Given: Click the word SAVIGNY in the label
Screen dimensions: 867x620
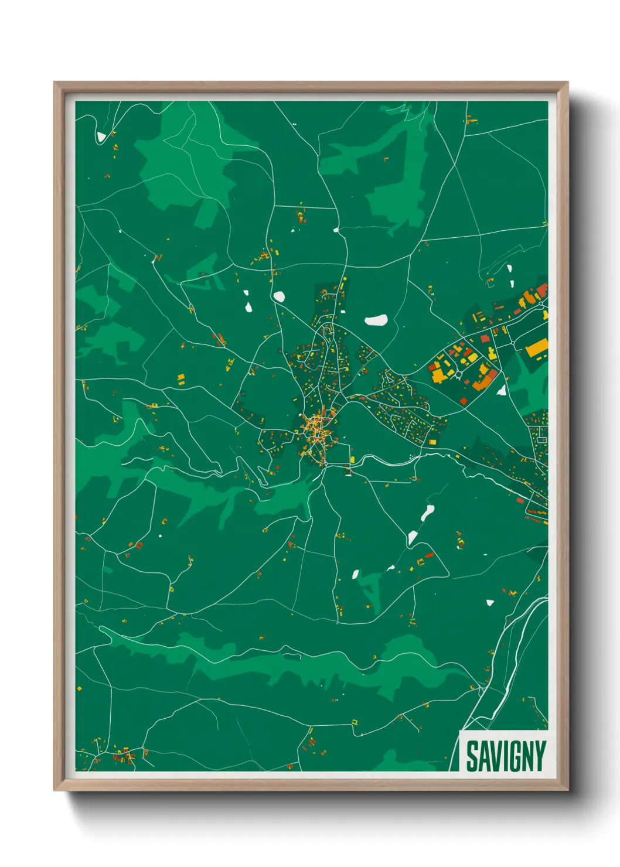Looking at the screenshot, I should click(x=506, y=756).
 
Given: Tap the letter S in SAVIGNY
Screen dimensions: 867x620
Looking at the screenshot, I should click(x=472, y=756).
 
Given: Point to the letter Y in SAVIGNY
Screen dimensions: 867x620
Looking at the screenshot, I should click(x=540, y=756).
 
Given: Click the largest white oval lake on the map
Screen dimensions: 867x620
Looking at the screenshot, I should click(x=376, y=320).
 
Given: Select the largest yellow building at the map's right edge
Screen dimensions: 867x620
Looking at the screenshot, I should click(x=536, y=349).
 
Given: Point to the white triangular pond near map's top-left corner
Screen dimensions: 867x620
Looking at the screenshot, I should click(x=101, y=136).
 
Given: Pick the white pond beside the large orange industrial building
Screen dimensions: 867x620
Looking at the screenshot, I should click(x=502, y=390).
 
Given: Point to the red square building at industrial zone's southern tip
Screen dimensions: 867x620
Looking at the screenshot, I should click(x=464, y=401).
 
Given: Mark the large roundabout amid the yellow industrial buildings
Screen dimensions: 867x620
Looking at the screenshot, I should click(x=460, y=373).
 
